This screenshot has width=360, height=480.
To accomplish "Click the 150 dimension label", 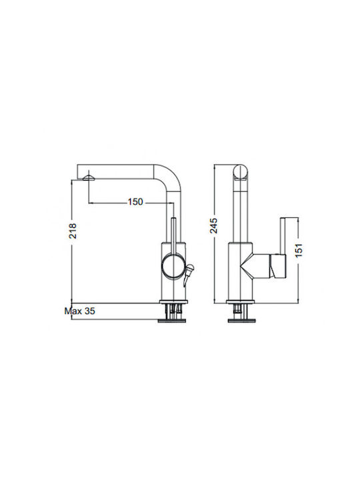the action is coord(135,202).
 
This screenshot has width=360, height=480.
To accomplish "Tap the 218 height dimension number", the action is coord(73,231).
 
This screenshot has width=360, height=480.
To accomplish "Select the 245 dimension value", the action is coord(213,225).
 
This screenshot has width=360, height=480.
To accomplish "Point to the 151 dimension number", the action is coord(299,250).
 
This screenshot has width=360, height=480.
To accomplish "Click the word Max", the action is coord(73,311).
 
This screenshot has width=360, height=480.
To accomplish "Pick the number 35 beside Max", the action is coord(90,311).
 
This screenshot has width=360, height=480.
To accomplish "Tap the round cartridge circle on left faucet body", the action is coord(173,266).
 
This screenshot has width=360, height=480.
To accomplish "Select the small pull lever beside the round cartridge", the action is coord(189,275).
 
